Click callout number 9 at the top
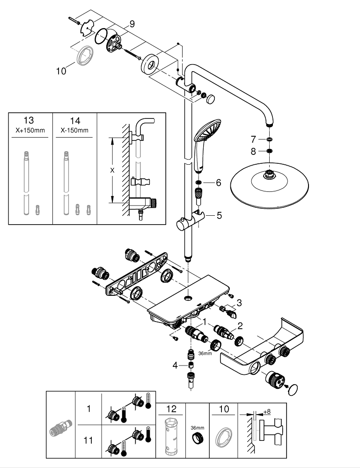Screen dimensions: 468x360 (x=132, y=23)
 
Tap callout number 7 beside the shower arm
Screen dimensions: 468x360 (x=253, y=139)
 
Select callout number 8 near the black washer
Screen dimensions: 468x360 (x=253, y=151)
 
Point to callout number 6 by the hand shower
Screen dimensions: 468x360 (x=218, y=183)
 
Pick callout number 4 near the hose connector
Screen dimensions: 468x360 (x=175, y=365)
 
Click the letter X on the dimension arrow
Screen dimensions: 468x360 (x=112, y=170)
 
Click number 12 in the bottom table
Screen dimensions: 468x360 (x=172, y=409)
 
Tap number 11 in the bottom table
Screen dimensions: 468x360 (x=88, y=440)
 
